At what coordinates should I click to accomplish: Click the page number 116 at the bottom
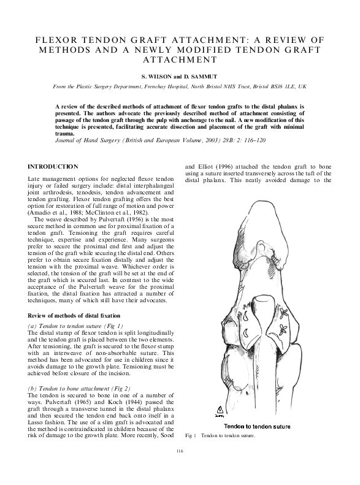tap(180, 468)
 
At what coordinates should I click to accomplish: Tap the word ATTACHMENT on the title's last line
tap(180, 60)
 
